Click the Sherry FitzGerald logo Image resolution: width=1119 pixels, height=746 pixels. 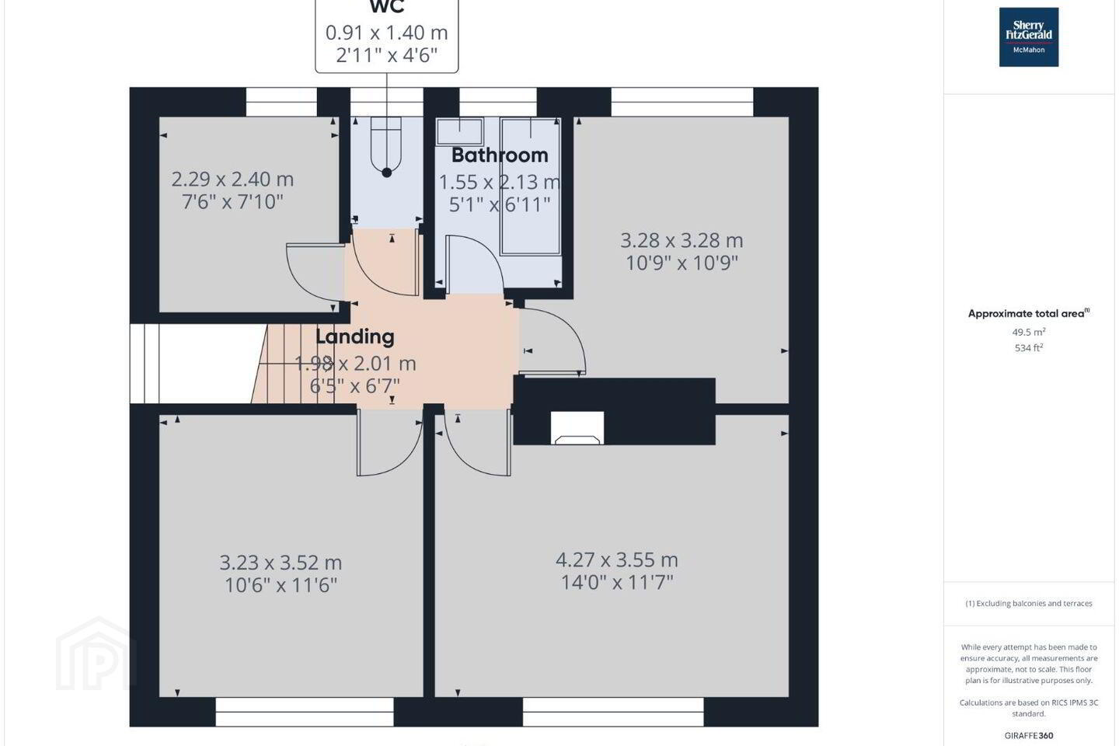pyautogui.click(x=1029, y=37)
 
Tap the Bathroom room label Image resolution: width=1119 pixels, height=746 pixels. pyautogui.click(x=500, y=155)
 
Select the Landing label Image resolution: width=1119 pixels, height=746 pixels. pyautogui.click(x=355, y=336)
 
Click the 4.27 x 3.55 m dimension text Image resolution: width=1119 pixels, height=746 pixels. pyautogui.click(x=617, y=560)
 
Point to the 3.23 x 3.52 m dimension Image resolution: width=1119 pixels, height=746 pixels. pyautogui.click(x=281, y=563)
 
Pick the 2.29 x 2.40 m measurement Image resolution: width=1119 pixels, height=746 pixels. pyautogui.click(x=232, y=179)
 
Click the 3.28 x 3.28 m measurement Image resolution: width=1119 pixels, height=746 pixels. pyautogui.click(x=682, y=240)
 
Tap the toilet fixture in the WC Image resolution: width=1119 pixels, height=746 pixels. pyautogui.click(x=386, y=144)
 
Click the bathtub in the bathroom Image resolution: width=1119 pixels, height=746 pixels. pyautogui.click(x=530, y=186)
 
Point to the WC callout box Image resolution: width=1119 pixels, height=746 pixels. pyautogui.click(x=387, y=36)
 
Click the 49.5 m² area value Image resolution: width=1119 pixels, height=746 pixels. pyautogui.click(x=1029, y=332)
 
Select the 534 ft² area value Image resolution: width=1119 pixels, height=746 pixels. pyautogui.click(x=1029, y=348)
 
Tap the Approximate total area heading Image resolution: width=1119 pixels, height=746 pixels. pyautogui.click(x=1029, y=313)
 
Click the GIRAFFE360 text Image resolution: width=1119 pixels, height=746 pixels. pyautogui.click(x=1029, y=735)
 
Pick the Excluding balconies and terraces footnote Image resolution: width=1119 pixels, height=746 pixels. pyautogui.click(x=1029, y=604)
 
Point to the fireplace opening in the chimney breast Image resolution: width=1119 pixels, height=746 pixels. pyautogui.click(x=577, y=428)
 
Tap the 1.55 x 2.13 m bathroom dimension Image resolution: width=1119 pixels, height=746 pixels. pyautogui.click(x=500, y=182)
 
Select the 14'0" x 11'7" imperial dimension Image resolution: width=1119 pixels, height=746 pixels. pyautogui.click(x=617, y=583)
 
